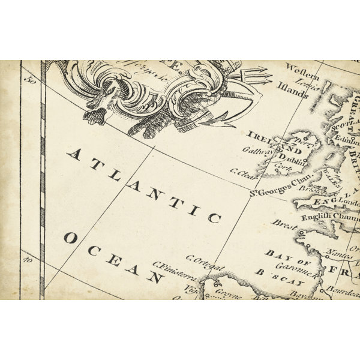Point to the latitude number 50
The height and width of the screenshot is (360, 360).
(x=31, y=80)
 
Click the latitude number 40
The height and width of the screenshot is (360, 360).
(x=28, y=260)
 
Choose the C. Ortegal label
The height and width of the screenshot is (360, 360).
(x=205, y=259)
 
